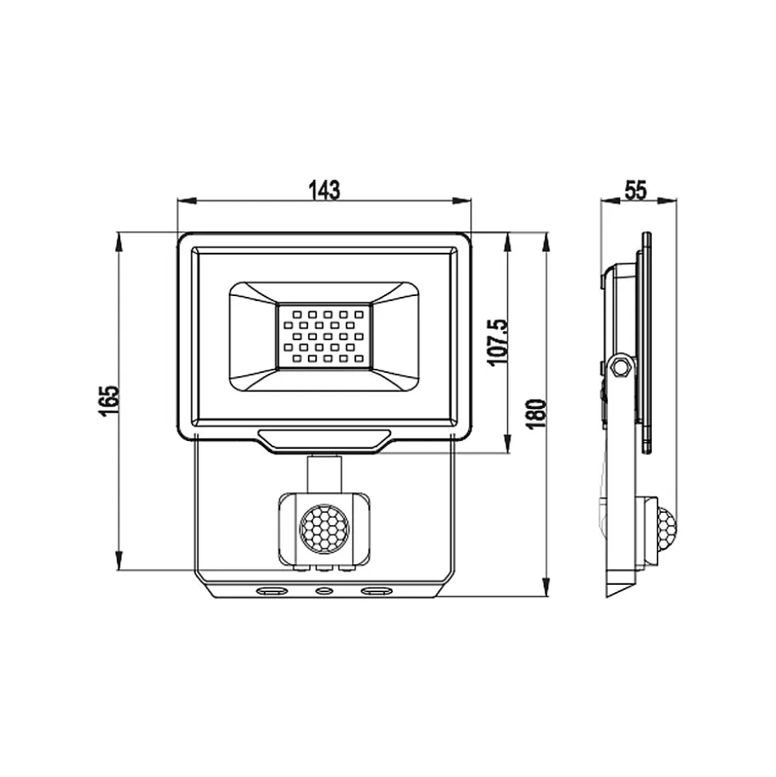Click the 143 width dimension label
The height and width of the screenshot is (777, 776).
325,190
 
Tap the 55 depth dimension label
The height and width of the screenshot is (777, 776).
636,190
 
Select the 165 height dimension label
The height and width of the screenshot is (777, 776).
109,401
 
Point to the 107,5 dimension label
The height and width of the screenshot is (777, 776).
498,342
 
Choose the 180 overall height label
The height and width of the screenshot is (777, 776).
537,414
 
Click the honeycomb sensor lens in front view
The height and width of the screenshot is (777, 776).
325,528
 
